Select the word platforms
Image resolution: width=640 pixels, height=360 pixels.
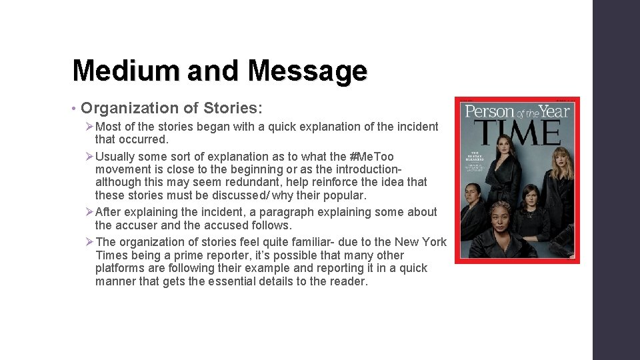pos(119,268)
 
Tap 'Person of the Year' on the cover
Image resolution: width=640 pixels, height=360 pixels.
pos(517,111)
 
